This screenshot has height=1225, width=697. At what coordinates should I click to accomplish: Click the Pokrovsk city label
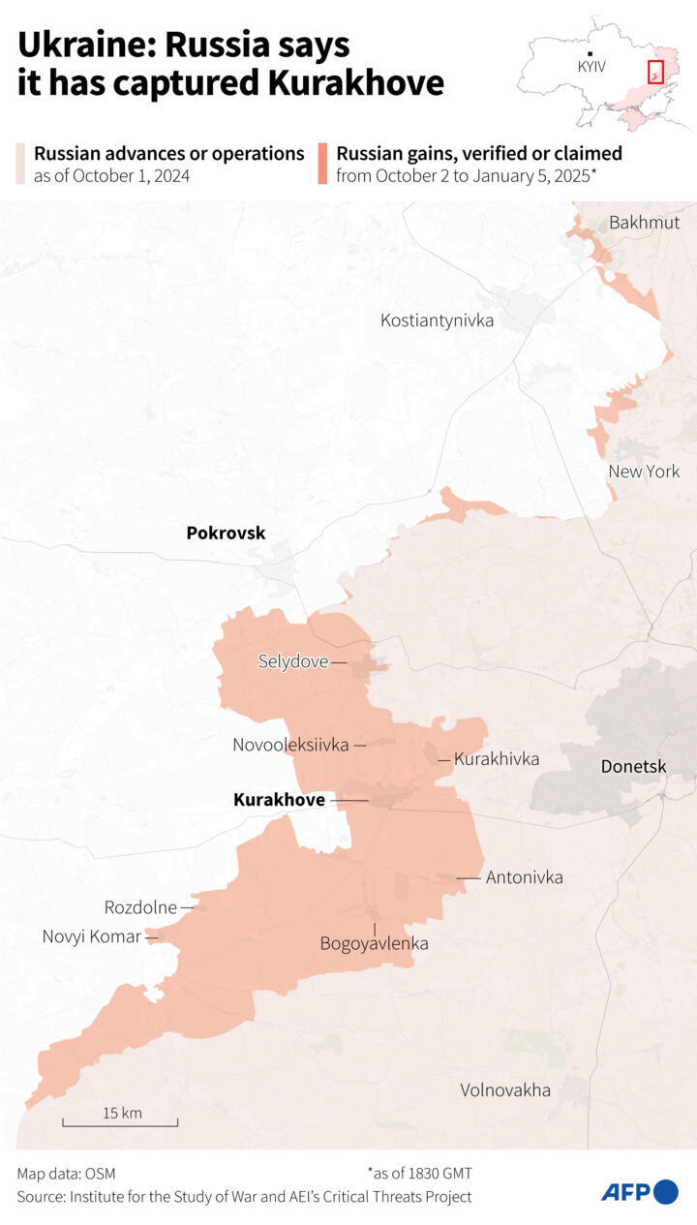point(226,533)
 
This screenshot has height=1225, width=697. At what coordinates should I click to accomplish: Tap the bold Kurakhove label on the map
point(279,800)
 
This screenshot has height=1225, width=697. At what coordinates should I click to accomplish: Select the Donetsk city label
point(633,766)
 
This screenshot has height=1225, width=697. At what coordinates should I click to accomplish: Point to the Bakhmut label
point(644,223)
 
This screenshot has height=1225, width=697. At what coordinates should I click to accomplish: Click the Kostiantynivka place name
point(437,320)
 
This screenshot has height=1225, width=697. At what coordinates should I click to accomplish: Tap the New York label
point(644,472)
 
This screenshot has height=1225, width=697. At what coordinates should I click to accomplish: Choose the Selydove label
point(292,661)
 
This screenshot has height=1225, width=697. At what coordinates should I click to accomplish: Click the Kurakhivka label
point(497,758)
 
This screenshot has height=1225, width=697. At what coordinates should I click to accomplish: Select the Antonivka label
point(524,877)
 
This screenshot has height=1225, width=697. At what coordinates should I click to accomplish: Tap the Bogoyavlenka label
point(374,942)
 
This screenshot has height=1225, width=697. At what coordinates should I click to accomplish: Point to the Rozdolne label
point(140,907)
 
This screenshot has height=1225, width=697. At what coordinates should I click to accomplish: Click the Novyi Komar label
point(91,936)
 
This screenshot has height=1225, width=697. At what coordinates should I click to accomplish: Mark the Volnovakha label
point(505,1089)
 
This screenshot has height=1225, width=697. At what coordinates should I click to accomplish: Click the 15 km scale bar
point(120,1121)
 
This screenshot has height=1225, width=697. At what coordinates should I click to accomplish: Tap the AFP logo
point(639,1191)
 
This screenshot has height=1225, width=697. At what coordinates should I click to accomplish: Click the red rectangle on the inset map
point(655,72)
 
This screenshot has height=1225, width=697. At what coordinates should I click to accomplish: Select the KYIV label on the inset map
point(591,67)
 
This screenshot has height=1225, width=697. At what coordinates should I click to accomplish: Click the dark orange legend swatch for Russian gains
point(322,164)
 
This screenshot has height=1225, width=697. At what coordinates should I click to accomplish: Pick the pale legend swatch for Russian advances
point(21,164)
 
